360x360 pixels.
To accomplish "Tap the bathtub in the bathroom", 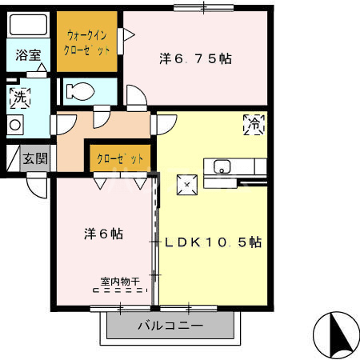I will pyautogui.click(x=29, y=26).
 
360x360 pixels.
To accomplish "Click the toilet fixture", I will pyautogui.click(x=79, y=91).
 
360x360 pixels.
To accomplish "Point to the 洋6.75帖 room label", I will pyautogui.click(x=195, y=58).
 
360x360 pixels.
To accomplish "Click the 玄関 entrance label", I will pyautogui.click(x=34, y=158).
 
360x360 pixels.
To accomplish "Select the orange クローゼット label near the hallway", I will pyautogui.click(x=120, y=158).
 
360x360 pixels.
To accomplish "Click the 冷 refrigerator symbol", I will pyautogui.click(x=254, y=125).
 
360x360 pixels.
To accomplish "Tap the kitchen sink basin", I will pyautogui.click(x=222, y=167).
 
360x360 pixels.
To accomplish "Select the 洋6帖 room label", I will pyautogui.click(x=104, y=234).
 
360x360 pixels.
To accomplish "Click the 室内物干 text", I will pyautogui.click(x=120, y=281).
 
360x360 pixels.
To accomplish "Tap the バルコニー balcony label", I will pyautogui.click(x=170, y=326).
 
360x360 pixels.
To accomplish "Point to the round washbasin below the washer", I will pyautogui.click(x=14, y=124).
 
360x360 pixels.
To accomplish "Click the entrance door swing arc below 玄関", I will pyautogui.click(x=36, y=186).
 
